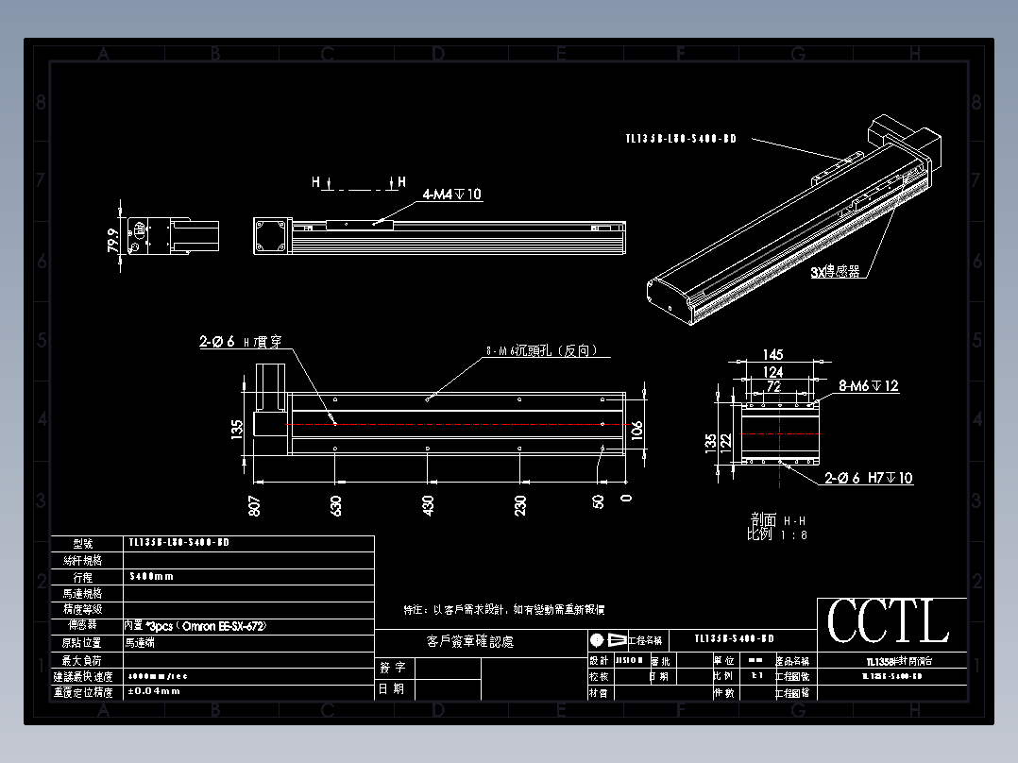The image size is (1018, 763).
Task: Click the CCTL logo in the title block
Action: coord(888,622)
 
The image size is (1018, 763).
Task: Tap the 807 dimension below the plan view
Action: coord(254,504)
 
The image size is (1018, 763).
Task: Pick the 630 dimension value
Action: coord(335,504)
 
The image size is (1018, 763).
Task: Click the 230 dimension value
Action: coord(519,504)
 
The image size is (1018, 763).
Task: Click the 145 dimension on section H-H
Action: coord(772,355)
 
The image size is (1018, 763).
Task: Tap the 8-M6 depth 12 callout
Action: coord(869,385)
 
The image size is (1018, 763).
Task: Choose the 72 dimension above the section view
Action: coord(772,386)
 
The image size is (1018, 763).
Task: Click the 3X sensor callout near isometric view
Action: coord(835,272)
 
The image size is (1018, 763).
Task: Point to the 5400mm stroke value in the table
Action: coord(151,576)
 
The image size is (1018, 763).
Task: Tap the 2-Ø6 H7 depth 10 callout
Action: coord(869,479)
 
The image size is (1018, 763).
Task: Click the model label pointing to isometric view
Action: coord(680,139)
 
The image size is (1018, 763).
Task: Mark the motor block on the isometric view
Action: coord(907,137)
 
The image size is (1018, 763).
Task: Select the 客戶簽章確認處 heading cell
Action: coord(470,642)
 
